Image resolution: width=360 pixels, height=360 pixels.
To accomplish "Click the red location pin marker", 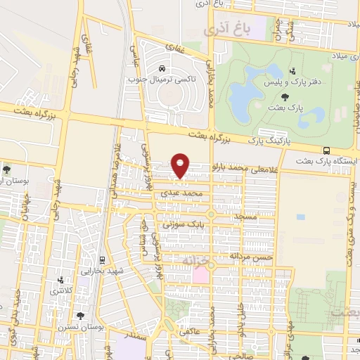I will tap(181, 166).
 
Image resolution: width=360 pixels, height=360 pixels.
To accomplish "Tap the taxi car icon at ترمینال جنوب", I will tap(163, 69).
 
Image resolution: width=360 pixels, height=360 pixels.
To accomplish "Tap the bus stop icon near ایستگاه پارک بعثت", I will tap(327, 150).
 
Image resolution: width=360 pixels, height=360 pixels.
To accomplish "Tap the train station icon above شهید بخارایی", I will tap(103, 259).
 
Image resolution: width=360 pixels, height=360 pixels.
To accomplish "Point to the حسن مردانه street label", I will tap(254, 258).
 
